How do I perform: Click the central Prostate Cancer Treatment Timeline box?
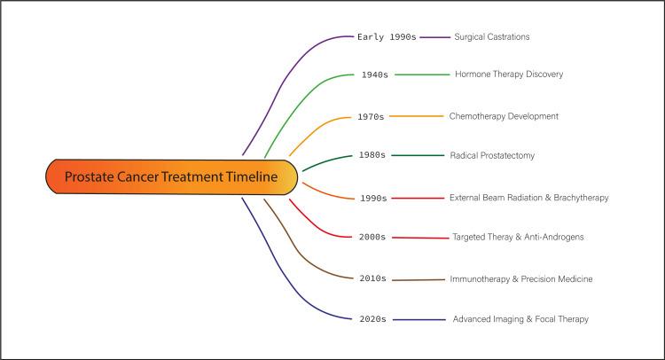click(169, 177)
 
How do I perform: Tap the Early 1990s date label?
click(386, 37)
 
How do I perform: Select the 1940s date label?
click(374, 75)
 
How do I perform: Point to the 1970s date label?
click(371, 116)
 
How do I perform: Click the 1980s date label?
click(372, 155)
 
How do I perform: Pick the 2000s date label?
click(372, 238)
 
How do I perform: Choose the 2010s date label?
click(372, 278)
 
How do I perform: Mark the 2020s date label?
click(372, 319)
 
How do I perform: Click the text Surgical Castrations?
click(492, 37)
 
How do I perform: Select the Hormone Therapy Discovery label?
click(509, 74)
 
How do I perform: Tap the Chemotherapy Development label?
click(505, 116)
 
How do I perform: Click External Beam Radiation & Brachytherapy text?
click(529, 198)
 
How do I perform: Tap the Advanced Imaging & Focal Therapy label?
click(520, 319)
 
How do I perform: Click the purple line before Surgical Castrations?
click(435, 37)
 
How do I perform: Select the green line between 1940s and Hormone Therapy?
click(422, 75)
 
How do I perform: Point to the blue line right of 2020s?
click(419, 319)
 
